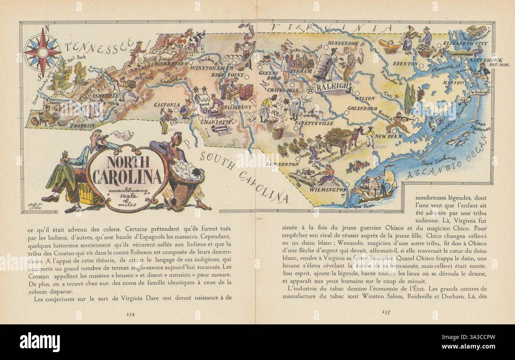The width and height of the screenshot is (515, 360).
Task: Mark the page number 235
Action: pyautogui.click(x=387, y=312)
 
